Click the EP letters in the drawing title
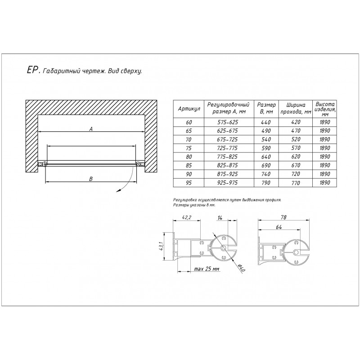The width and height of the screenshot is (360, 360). [x=32, y=70]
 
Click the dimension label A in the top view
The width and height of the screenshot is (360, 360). [x=91, y=129]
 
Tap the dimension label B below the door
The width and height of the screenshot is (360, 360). [x=91, y=179]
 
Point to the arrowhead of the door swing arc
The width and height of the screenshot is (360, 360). [x=118, y=189]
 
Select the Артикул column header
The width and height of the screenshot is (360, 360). [x=189, y=109]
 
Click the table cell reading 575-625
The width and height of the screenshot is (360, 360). [x=228, y=122]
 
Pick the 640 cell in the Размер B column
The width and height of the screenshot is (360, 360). [x=266, y=157]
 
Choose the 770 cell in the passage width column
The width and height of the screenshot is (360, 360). [x=296, y=183]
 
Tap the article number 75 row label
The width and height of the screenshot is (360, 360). [x=189, y=148]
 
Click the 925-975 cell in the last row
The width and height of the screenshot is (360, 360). [x=228, y=183]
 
